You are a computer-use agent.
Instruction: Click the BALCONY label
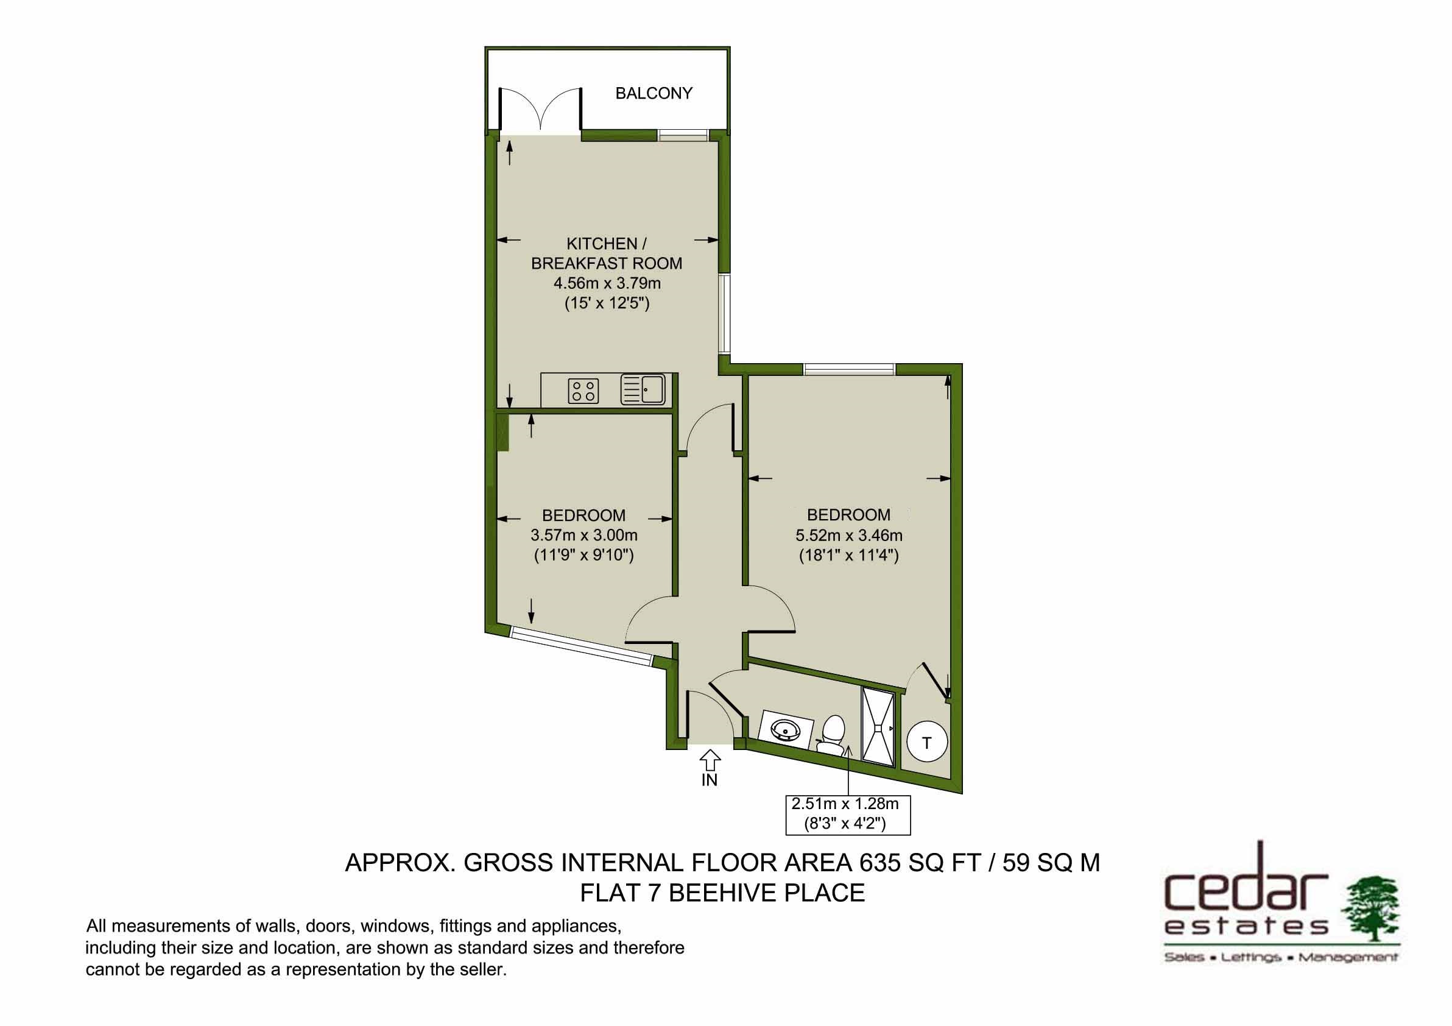coord(654,94)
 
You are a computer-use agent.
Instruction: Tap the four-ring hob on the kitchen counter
coord(583,391)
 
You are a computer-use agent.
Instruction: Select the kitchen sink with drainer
coord(643,390)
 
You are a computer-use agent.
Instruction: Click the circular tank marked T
coord(927,743)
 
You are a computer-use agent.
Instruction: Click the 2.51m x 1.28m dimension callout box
coord(848,814)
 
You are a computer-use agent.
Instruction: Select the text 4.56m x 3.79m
coord(607,283)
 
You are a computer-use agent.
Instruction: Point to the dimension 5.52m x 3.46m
coord(848,536)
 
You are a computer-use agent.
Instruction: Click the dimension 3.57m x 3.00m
coord(583,536)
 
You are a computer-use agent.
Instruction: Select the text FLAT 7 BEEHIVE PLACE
coord(722,893)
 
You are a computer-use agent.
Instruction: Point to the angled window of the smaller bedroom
coord(581,645)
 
